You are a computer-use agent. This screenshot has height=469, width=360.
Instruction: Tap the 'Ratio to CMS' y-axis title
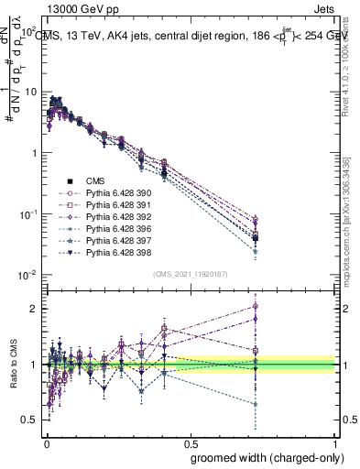coord(12,365)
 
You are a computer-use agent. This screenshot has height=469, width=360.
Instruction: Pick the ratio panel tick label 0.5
coord(30,420)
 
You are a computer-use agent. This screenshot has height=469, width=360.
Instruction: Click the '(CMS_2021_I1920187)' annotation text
coord(191,273)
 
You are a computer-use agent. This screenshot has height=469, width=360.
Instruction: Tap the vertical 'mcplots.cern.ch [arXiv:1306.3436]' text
coord(350,212)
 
